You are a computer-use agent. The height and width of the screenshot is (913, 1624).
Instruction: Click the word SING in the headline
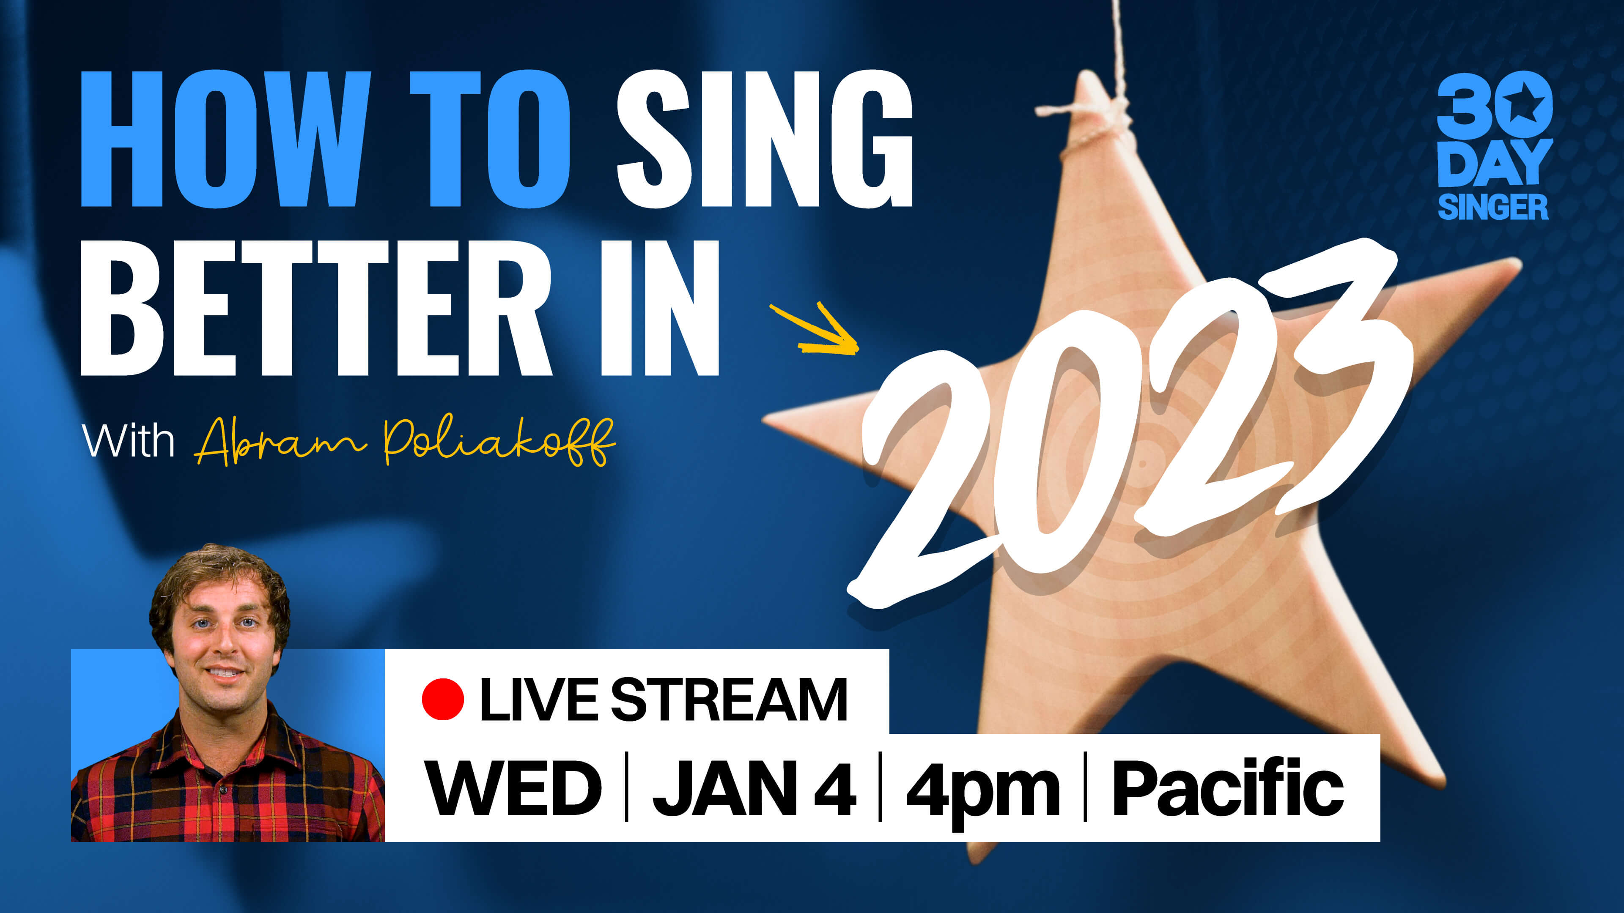click(765, 139)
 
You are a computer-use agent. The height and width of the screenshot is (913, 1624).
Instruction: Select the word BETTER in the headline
click(315, 308)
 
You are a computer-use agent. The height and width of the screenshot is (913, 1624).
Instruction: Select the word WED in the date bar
click(513, 787)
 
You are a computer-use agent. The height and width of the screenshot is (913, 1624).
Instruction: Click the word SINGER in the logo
click(1493, 207)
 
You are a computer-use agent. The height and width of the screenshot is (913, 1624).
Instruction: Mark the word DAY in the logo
click(1494, 163)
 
